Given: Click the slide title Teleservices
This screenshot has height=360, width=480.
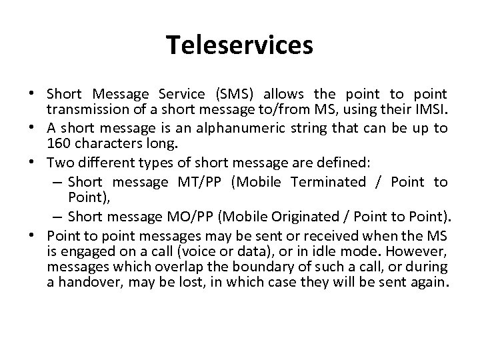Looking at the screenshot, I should [x=239, y=45].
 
